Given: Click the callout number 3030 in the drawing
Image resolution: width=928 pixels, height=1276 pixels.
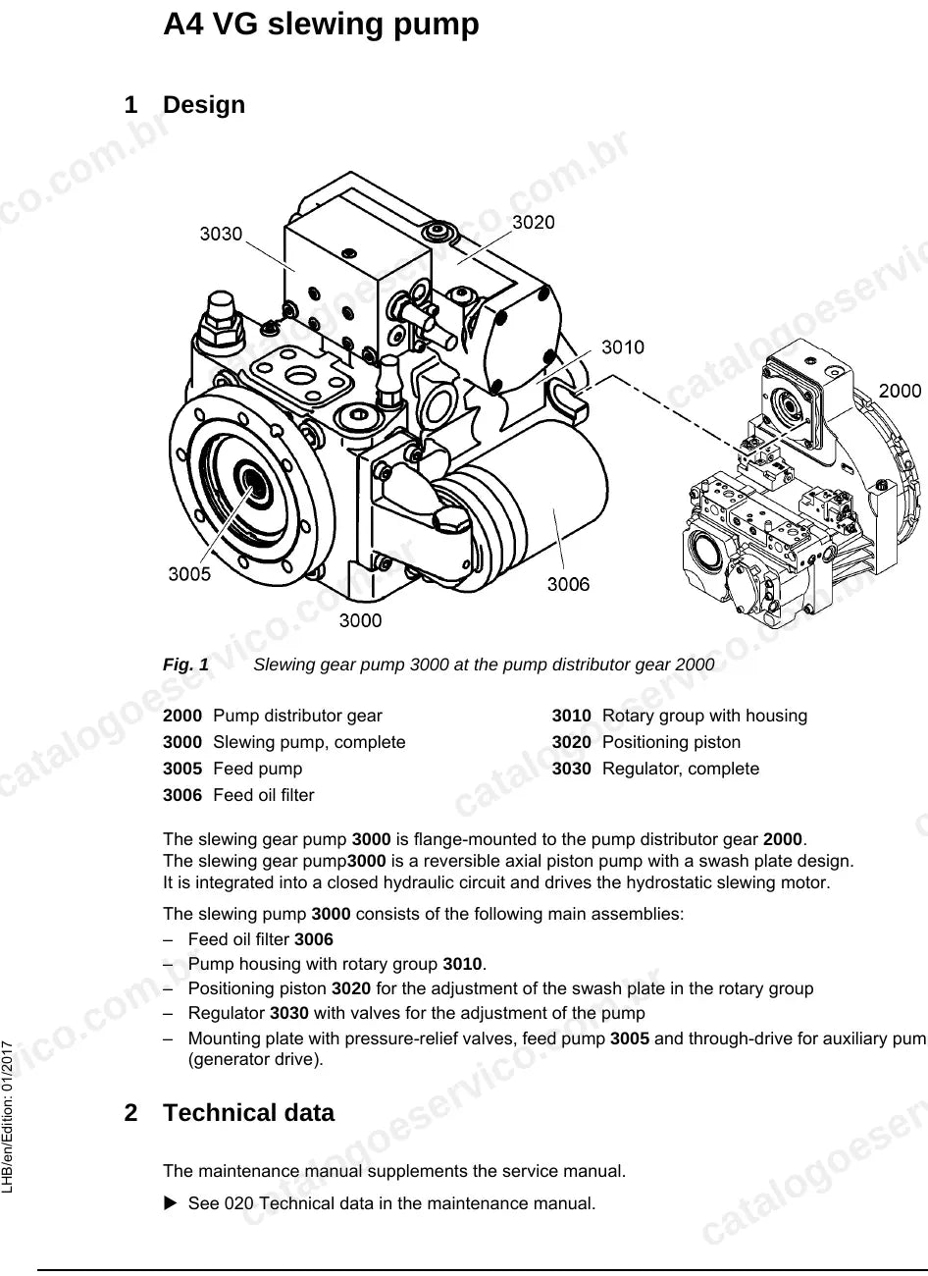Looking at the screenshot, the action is point(221,234).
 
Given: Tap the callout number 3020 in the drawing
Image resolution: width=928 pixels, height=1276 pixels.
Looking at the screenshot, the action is point(534,222).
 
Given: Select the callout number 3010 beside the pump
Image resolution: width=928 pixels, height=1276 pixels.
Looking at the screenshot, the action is point(623,346).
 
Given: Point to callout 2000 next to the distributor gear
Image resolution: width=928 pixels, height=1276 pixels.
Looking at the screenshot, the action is point(900,391).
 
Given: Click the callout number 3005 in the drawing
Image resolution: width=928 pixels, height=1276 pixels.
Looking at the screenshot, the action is point(189,573).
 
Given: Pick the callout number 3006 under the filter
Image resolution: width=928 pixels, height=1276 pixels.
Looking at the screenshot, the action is point(568,584).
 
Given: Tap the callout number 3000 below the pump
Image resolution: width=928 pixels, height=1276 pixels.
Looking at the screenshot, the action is point(360,620).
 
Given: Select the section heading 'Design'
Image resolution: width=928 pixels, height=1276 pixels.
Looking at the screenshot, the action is point(204,105).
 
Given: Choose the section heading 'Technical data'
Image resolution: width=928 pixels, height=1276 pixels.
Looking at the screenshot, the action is point(248,1112).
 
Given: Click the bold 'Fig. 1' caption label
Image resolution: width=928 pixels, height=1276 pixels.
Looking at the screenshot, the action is point(185,665).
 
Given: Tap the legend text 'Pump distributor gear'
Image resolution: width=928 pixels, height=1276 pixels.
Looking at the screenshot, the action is point(297,716).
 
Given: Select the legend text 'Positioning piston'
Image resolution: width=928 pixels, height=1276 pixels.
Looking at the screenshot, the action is point(671,742).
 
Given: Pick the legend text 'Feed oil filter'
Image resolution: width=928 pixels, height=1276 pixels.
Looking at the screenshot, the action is point(264,795).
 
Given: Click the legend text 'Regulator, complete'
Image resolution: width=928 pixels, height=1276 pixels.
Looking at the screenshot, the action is point(681,769).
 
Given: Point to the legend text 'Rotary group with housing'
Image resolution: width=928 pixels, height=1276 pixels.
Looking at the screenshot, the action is point(704,716).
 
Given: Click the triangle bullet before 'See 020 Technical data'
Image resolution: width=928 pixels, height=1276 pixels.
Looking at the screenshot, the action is point(171,1203).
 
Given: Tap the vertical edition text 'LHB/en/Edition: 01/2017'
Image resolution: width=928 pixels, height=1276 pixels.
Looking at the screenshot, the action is point(8,1117).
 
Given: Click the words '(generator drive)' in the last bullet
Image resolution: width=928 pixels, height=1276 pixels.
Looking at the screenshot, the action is point(256,1059).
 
